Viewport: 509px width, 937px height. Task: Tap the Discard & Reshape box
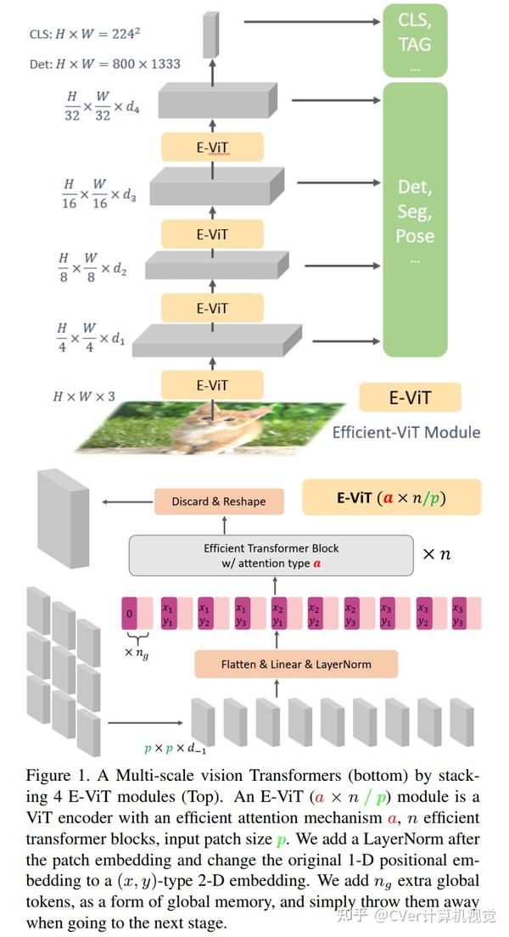(218, 502)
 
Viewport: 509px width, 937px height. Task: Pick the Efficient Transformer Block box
(271, 555)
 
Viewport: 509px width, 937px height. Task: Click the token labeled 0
(130, 613)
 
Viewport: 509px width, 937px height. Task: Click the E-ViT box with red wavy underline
(212, 148)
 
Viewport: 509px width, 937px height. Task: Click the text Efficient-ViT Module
(406, 432)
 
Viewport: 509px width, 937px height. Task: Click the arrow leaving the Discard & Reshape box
(127, 502)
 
